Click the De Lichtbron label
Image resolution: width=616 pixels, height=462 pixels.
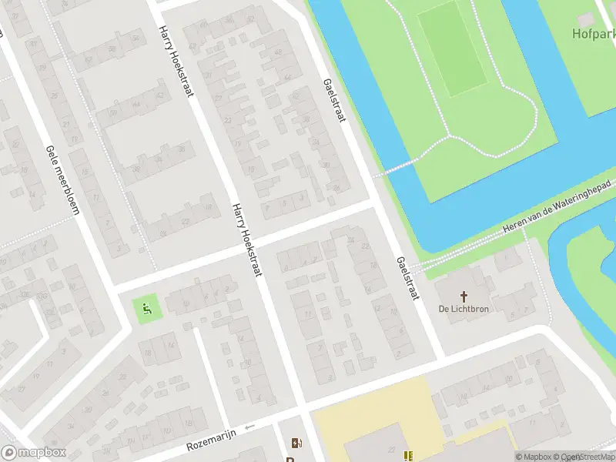[x=464, y=309]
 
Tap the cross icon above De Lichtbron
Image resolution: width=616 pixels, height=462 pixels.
[x=464, y=296]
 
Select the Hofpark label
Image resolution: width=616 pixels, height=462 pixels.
[x=593, y=33]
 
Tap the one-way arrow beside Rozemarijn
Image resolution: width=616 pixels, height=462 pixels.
[x=249, y=427]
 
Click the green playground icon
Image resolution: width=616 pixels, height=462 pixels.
[x=146, y=310]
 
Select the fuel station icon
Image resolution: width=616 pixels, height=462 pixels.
[x=296, y=443]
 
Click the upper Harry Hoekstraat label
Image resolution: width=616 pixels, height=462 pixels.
[x=176, y=62]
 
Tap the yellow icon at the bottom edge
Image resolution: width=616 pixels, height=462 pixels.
[x=408, y=455]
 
